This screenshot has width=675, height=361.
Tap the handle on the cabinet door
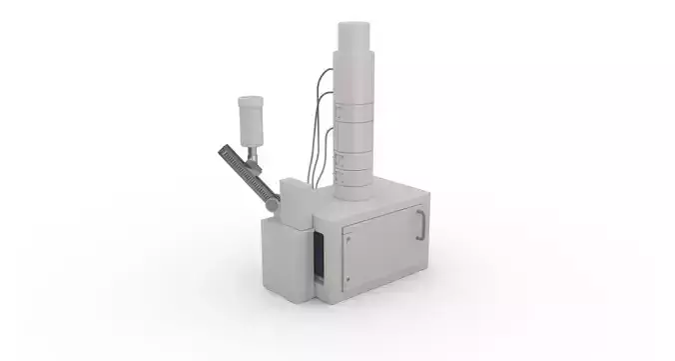tap(420, 225)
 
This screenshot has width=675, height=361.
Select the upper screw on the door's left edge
tap(346, 238)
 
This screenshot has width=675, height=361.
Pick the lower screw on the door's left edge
tap(346, 281)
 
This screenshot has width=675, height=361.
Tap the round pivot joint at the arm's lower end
tap(272, 204)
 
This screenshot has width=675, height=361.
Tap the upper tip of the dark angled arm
tap(224, 150)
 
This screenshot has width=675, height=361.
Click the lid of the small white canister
tap(250, 100)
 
